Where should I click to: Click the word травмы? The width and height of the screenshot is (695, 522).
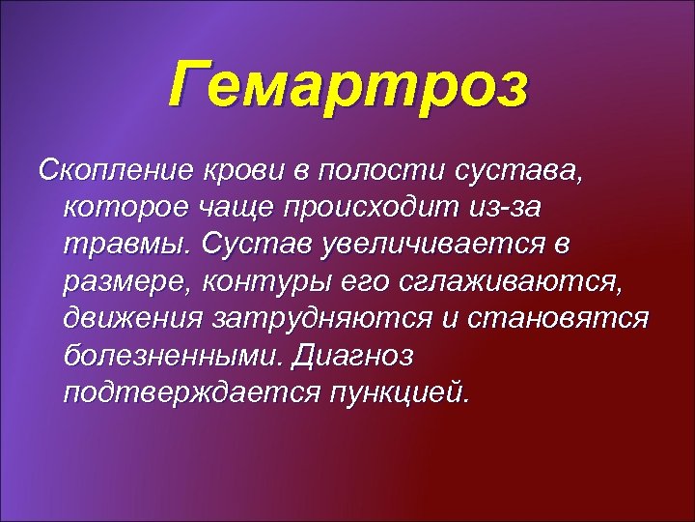(126, 245)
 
